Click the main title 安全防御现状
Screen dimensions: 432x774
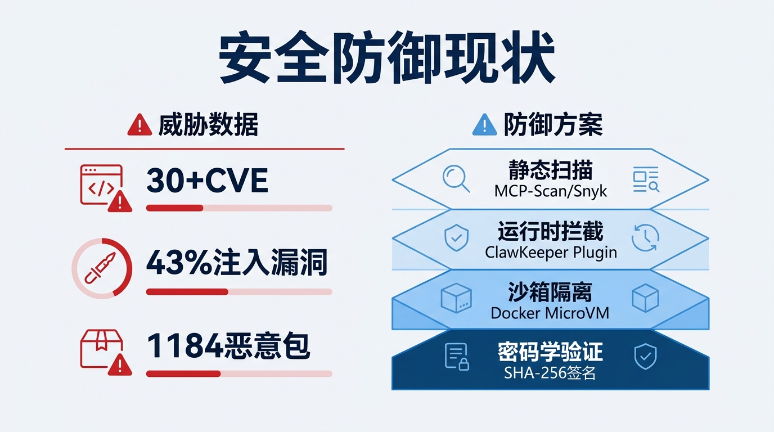pos(386,60)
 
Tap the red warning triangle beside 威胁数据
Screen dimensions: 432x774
pos(139,125)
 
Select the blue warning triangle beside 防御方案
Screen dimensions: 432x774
pos(484,125)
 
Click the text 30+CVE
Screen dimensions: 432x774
pos(207,181)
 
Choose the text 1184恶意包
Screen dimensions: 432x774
pos(228,346)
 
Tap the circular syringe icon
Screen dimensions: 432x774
pos(102,268)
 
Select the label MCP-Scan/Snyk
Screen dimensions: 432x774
pos(551,191)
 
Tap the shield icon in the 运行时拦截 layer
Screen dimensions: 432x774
pos(456,238)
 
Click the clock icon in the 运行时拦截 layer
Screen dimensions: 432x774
pos(645,237)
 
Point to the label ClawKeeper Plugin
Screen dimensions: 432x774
pos(551,252)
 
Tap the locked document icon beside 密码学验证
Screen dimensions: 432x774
pos(456,356)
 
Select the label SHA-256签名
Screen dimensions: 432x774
pos(550,372)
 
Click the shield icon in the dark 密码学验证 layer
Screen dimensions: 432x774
pos(645,357)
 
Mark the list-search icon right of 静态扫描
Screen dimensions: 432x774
pos(645,179)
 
